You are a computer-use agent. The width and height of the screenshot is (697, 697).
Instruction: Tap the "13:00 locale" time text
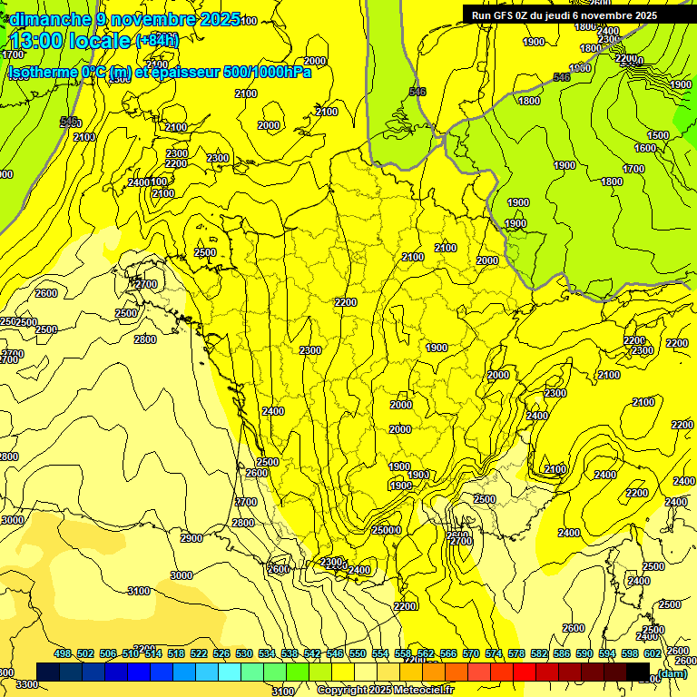(x=71, y=40)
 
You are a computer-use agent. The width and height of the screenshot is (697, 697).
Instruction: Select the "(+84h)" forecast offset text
(x=157, y=40)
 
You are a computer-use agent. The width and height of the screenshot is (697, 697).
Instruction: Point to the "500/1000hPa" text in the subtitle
(x=270, y=72)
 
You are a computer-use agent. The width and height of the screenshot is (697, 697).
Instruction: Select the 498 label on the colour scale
(x=63, y=653)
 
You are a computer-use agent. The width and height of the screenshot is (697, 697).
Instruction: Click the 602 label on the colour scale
(x=653, y=653)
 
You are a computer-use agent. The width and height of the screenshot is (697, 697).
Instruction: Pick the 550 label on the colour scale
(x=358, y=653)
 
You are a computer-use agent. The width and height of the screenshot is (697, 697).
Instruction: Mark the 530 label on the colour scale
(x=244, y=653)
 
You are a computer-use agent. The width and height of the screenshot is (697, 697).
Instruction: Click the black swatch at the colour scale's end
(x=638, y=672)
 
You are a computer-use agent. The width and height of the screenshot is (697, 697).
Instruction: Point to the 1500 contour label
(x=657, y=135)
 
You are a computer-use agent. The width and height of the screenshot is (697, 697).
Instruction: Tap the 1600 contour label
(x=644, y=148)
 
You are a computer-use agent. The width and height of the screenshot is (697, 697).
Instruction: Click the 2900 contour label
(x=191, y=538)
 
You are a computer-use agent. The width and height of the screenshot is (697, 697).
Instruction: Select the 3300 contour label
(x=27, y=683)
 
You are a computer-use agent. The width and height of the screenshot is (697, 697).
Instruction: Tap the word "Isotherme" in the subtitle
(x=41, y=72)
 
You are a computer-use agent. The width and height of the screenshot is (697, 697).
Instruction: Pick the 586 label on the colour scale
(x=562, y=653)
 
